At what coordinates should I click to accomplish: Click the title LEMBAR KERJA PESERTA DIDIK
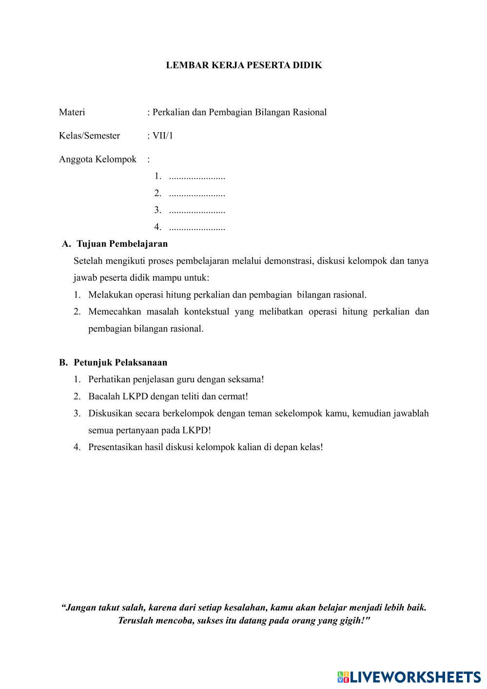click(x=244, y=65)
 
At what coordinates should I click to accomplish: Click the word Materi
click(x=72, y=112)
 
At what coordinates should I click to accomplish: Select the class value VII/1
click(x=162, y=136)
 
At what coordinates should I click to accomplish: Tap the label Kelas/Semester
click(x=89, y=136)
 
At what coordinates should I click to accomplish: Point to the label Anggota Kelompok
click(x=97, y=159)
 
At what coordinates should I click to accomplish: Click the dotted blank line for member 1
click(x=197, y=177)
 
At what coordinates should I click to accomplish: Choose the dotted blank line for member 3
click(x=197, y=211)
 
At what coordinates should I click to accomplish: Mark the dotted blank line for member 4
click(x=197, y=227)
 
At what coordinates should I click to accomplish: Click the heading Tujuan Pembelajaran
click(x=122, y=244)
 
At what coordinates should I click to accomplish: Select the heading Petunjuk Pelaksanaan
click(x=120, y=362)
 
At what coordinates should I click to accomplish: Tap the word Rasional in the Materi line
click(x=309, y=112)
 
